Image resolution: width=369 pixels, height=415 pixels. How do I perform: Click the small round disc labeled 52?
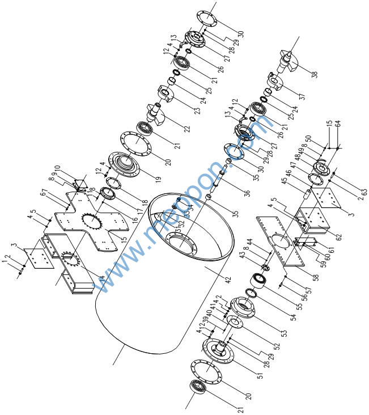click(234, 322)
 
